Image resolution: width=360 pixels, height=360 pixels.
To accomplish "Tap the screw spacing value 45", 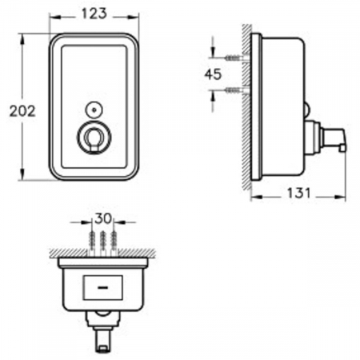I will [x=214, y=74].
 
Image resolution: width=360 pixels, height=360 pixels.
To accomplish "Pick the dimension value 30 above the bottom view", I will [x=103, y=218].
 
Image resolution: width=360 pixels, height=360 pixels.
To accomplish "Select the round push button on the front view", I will [x=92, y=138].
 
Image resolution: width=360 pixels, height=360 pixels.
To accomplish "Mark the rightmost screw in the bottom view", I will [x=115, y=240].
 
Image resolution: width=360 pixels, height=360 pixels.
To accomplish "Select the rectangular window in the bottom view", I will [x=103, y=286].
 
